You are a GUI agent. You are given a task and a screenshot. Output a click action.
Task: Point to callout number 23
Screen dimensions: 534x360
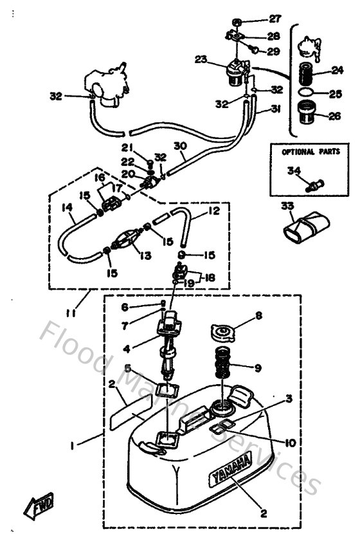[201, 59]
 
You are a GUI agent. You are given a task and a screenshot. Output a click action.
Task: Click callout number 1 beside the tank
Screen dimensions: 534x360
[73, 445]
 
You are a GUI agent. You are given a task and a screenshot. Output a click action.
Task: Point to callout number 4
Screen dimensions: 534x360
[127, 350]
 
